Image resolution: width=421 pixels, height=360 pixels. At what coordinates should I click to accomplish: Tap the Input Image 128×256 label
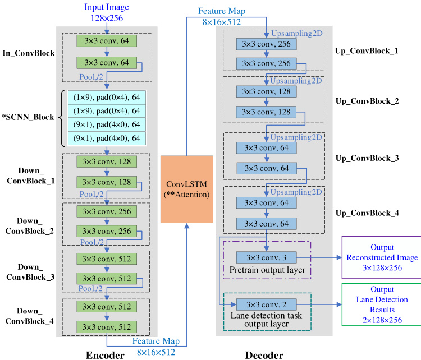point(107,12)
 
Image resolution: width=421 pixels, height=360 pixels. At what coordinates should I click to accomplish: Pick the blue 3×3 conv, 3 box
point(266,257)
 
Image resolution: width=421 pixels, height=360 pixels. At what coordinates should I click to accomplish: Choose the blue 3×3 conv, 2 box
point(266,305)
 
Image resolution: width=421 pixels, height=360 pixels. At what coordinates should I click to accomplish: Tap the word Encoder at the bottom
point(105,354)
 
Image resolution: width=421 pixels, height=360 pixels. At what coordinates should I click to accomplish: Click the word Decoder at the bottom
point(265,354)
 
